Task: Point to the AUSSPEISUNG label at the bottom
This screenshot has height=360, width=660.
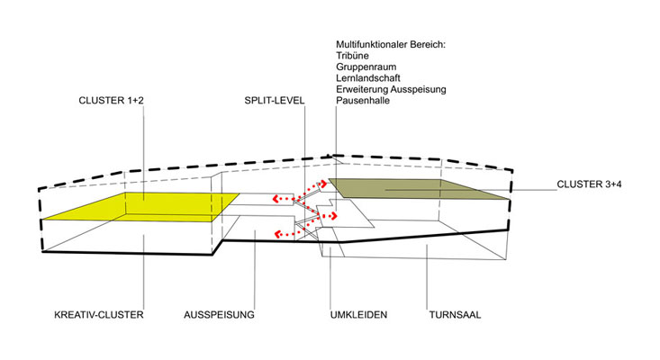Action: pyautogui.click(x=220, y=316)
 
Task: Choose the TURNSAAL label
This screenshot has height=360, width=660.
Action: pyautogui.click(x=456, y=316)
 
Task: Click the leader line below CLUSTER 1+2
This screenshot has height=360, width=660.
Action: pyautogui.click(x=144, y=162)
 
